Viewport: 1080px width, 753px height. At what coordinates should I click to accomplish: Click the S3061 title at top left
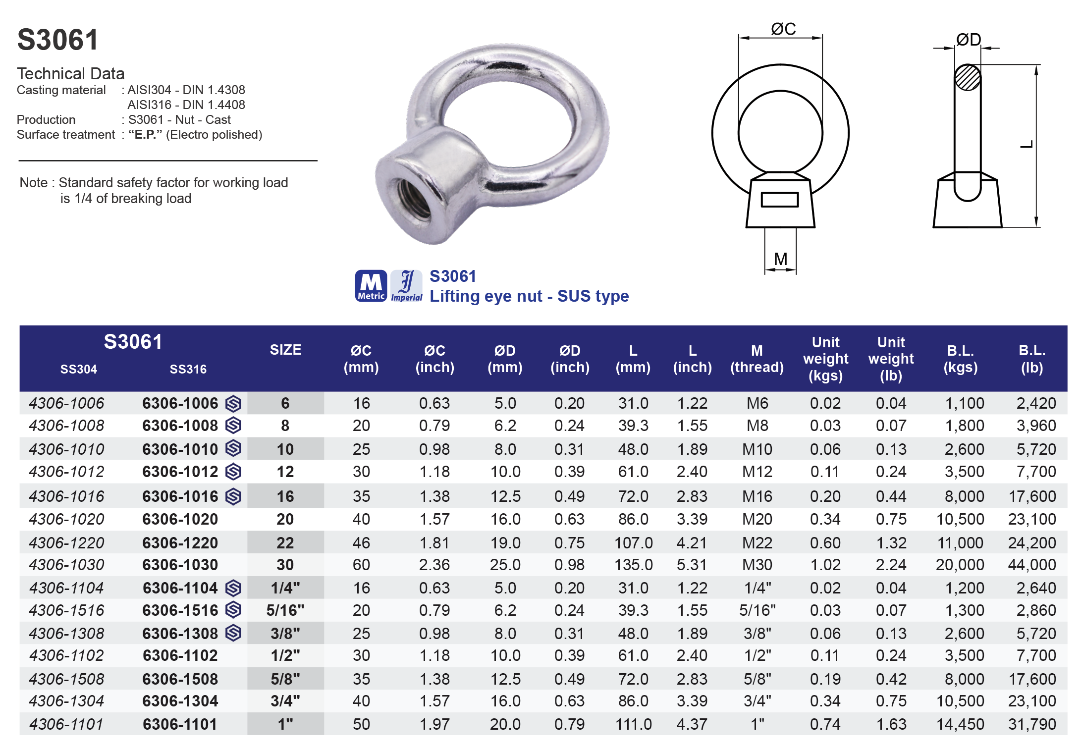tap(58, 40)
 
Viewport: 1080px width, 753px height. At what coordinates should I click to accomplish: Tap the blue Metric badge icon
tap(371, 286)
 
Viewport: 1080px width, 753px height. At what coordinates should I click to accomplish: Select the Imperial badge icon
tap(406, 286)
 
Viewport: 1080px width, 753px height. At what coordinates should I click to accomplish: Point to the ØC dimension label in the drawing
tap(783, 29)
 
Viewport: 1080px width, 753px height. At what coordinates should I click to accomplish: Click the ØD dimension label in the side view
tap(968, 40)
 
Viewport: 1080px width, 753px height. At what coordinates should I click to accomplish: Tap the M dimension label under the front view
tap(781, 259)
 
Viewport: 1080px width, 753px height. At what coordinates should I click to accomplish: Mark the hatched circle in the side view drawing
tap(967, 78)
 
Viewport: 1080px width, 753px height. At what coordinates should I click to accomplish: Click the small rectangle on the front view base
tap(779, 200)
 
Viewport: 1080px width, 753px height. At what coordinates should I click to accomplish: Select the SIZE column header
tap(285, 350)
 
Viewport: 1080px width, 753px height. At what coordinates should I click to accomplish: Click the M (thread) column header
tap(756, 359)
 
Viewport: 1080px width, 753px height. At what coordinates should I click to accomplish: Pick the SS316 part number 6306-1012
tap(180, 472)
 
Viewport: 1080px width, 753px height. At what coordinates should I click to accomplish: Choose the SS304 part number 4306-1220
tap(66, 543)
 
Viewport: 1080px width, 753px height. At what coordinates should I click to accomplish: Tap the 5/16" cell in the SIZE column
tap(285, 610)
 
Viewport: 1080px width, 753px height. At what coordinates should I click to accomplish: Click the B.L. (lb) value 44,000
tap(1031, 565)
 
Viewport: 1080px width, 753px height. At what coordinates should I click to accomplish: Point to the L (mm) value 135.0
tap(633, 565)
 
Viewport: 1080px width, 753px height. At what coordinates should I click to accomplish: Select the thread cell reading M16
tap(757, 496)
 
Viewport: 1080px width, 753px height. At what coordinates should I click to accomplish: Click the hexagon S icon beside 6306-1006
tap(233, 404)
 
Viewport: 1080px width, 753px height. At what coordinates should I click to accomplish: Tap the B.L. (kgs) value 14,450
tap(960, 724)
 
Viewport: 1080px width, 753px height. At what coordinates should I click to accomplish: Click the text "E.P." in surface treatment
tap(145, 135)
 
